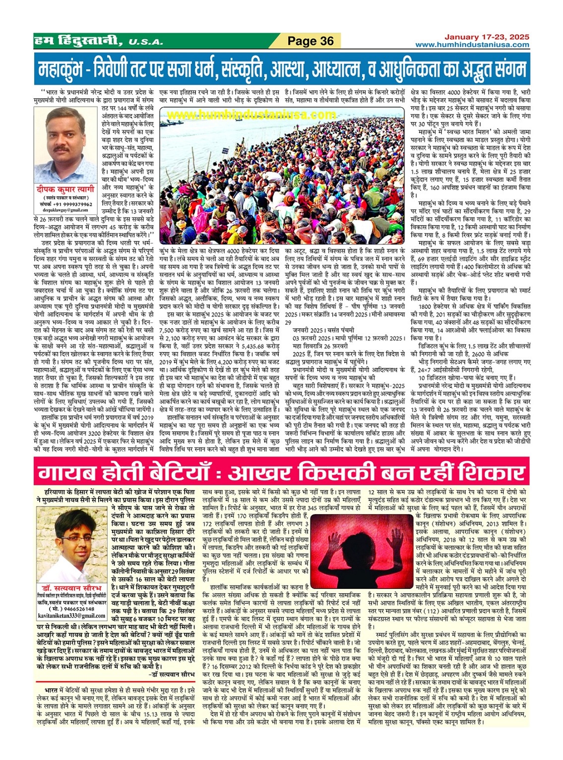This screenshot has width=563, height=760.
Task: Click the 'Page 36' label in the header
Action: point(311,41)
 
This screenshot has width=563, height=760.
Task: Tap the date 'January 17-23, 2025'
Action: point(486,37)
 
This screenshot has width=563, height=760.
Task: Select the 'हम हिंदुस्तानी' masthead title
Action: point(76,41)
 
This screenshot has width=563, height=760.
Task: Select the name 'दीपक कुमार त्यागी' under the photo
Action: point(65,189)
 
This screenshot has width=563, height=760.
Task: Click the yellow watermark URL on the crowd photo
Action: point(251,115)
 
